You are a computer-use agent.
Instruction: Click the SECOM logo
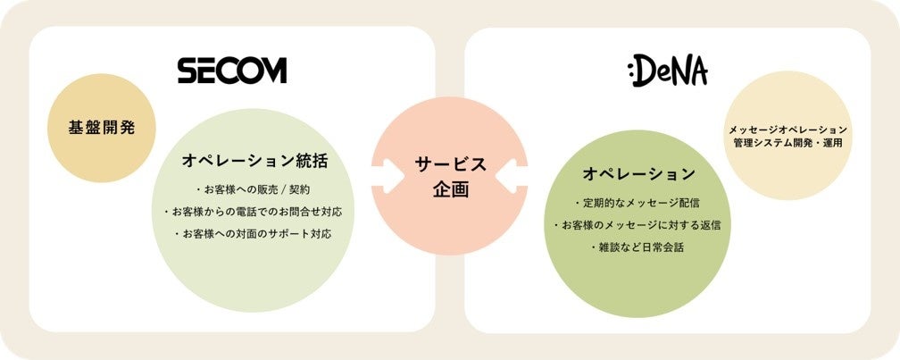231,71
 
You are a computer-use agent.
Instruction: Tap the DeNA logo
668,71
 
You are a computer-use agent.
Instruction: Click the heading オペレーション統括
254,161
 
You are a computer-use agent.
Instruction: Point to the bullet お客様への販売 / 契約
253,189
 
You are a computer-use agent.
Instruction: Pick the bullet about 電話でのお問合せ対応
254,212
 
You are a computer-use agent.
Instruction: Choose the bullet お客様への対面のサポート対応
254,234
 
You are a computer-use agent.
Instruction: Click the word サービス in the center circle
450,163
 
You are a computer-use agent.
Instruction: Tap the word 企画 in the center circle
450,189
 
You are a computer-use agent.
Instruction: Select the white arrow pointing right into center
385,176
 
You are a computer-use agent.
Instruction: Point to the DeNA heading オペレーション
638,172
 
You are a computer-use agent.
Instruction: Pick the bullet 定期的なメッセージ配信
638,203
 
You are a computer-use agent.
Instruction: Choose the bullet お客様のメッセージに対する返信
638,225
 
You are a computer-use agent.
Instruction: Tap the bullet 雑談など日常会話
638,247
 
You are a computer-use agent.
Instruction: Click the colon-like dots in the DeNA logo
631,72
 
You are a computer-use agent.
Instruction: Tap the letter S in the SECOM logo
187,71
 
